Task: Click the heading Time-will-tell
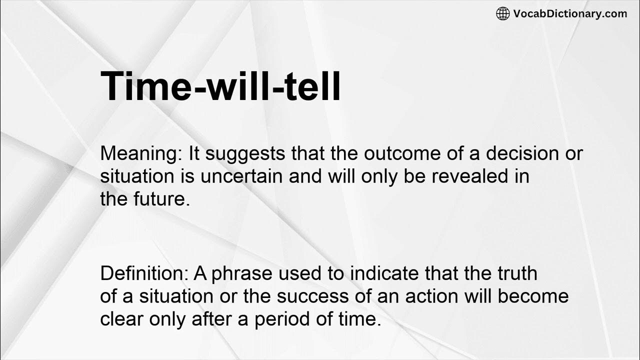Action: [220, 86]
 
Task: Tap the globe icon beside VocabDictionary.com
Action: [502, 13]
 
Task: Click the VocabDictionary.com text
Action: [570, 13]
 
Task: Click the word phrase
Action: [247, 273]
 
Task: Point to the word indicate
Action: [383, 273]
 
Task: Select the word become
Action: [532, 296]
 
